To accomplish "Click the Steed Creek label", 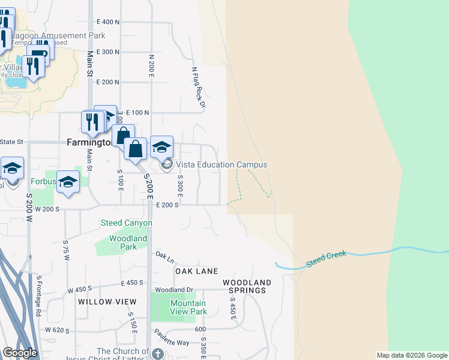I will [327, 257].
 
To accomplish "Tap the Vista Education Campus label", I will [221, 164].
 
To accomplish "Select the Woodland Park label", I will [128, 242].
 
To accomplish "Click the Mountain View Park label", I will [188, 307].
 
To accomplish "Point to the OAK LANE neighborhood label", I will [196, 271].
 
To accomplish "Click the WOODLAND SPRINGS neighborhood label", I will [247, 286].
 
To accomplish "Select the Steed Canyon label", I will [126, 223].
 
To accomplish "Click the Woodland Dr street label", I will [173, 290].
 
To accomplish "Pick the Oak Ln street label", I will [164, 256].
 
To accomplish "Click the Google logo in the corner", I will [20, 353].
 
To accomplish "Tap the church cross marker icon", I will [158, 353].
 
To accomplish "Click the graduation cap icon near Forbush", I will [68, 183].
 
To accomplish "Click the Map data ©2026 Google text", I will [411, 355].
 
